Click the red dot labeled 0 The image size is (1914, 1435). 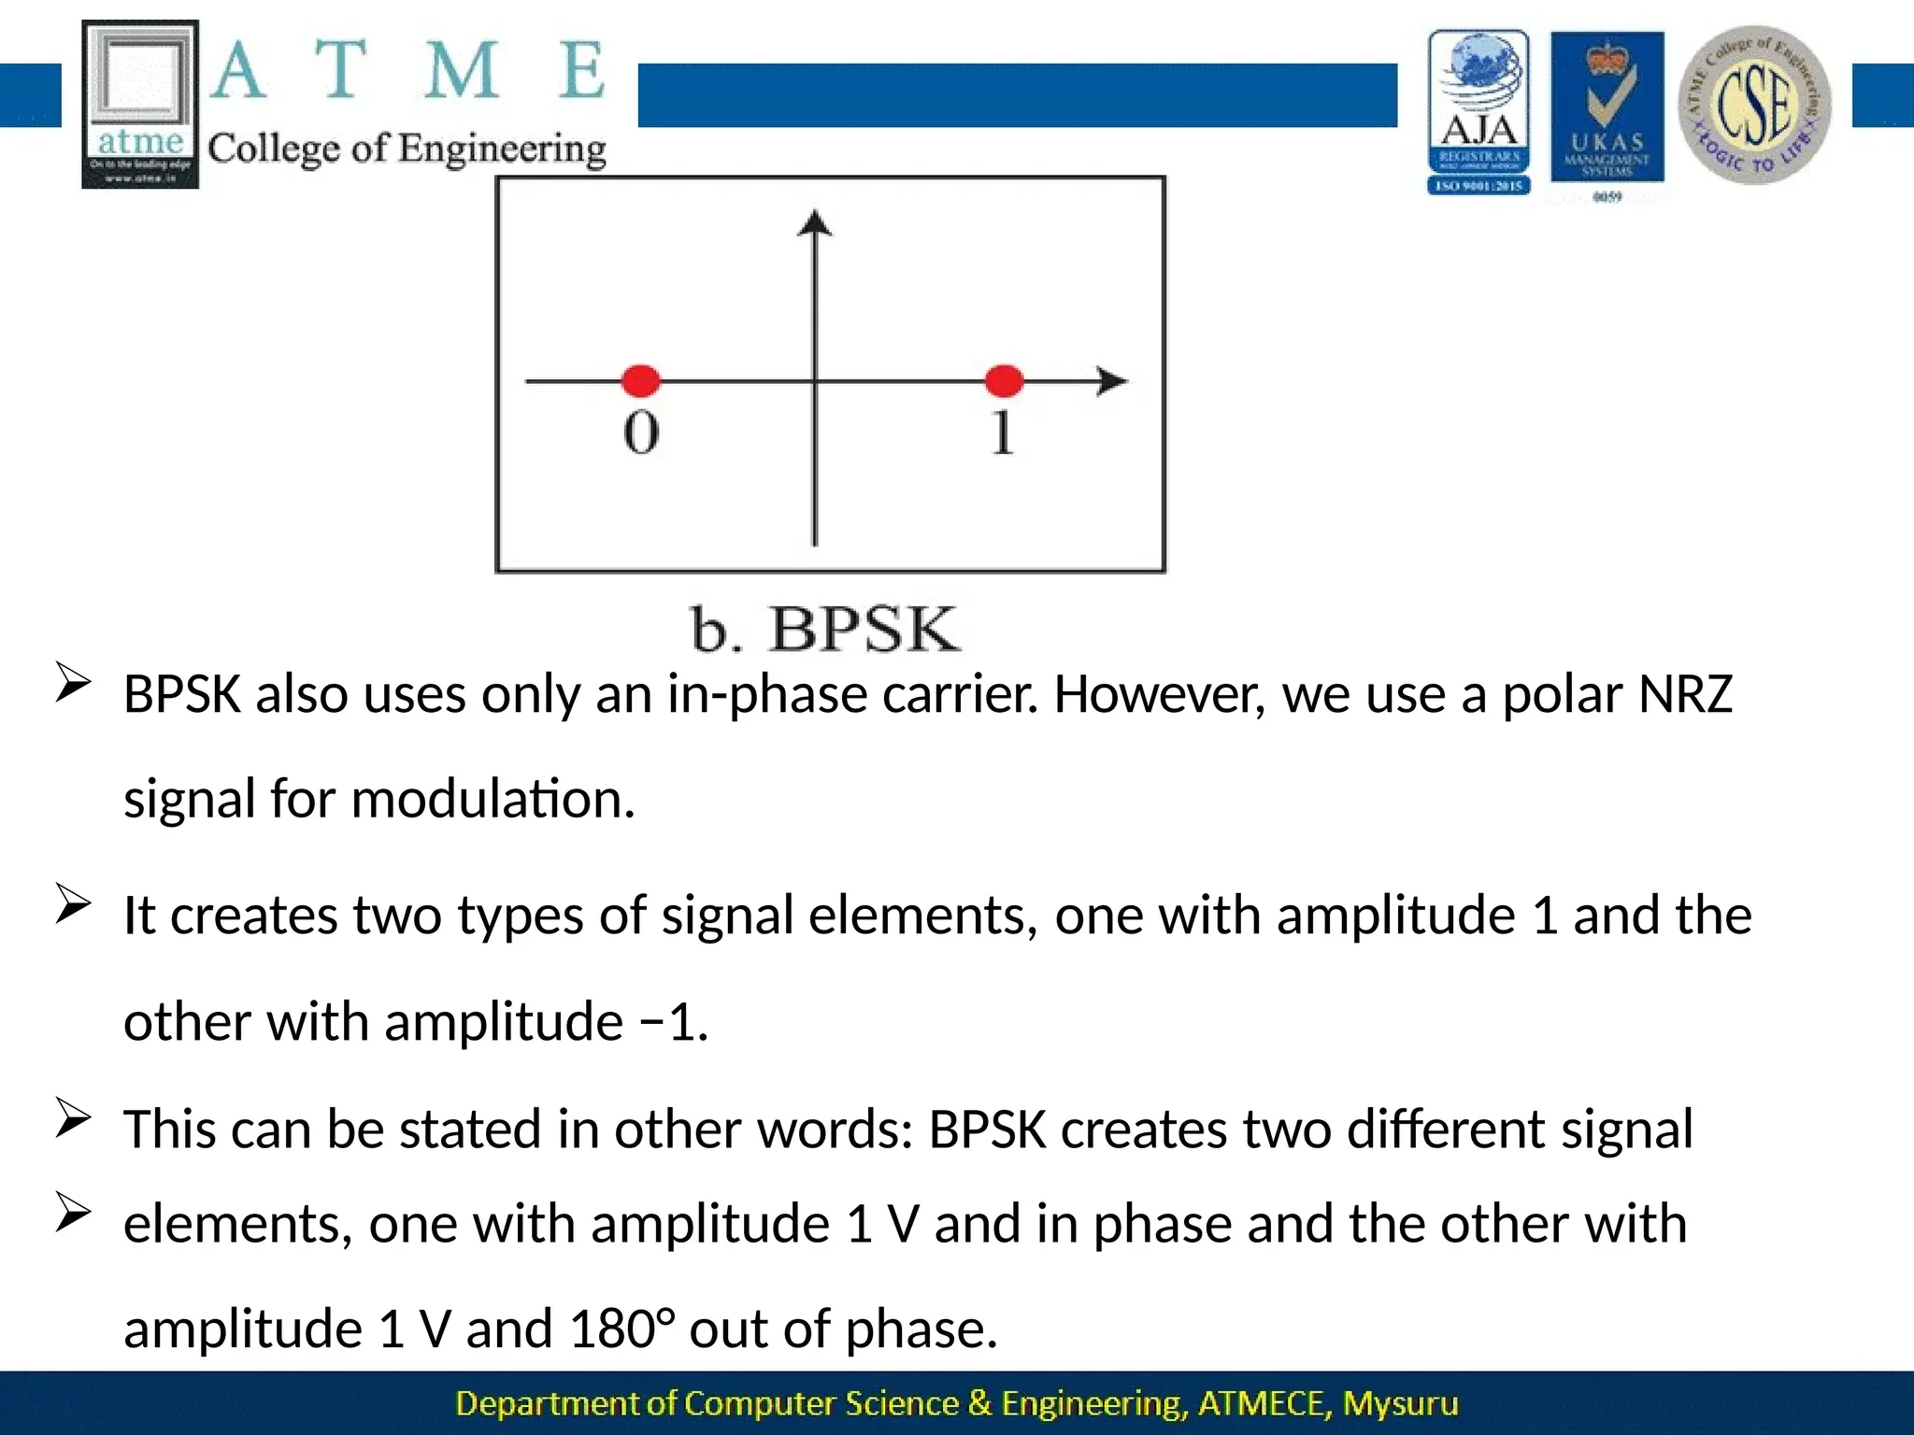click(x=641, y=380)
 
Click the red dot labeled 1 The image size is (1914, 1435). click(x=1004, y=380)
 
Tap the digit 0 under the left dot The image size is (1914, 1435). click(x=641, y=433)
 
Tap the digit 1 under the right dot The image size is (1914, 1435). click(x=1002, y=433)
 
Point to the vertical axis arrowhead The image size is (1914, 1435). click(x=815, y=224)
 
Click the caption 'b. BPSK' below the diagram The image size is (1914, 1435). click(x=824, y=629)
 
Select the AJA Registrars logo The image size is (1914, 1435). click(x=1478, y=112)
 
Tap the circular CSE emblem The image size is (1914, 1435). click(x=1754, y=105)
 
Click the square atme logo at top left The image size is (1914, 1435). click(x=140, y=104)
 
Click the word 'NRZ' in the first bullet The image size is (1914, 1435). click(x=1685, y=695)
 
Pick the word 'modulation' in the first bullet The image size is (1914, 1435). click(x=493, y=800)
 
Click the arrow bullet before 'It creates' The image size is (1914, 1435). click(x=73, y=903)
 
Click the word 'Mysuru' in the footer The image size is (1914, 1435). click(x=1400, y=1403)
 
